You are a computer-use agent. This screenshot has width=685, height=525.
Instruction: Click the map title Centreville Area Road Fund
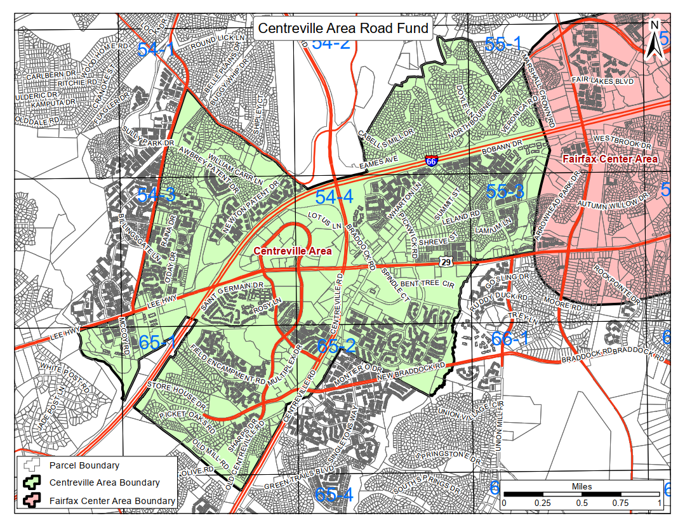coord(343,29)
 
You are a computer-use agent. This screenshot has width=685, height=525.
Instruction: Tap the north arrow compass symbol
coord(655,40)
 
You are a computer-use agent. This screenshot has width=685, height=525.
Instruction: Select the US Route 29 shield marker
coord(446,261)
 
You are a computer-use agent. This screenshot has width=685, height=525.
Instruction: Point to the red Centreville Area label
coord(293,251)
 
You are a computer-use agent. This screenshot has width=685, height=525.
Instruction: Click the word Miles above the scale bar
coord(582,487)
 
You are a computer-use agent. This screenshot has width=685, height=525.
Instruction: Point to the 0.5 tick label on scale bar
coord(582,503)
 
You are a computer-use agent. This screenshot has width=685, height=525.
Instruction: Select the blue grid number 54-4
coord(334,197)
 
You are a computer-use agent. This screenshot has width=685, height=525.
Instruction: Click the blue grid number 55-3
coord(505,191)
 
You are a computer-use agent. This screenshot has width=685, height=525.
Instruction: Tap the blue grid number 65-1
coord(157,342)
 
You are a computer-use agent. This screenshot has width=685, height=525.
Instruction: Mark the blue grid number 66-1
coord(510,339)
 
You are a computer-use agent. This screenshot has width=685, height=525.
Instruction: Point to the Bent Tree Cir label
coord(428,283)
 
